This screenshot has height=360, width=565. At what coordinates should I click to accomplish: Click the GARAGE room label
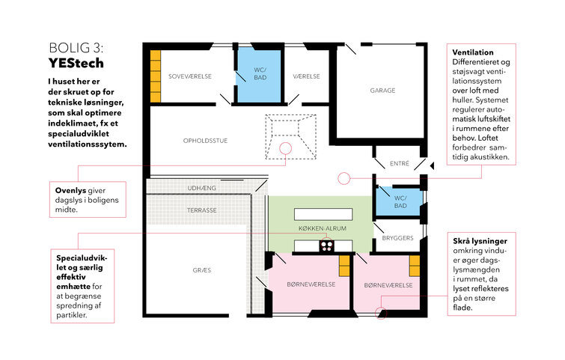(382, 91)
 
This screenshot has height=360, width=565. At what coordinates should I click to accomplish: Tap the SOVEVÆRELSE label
(190, 76)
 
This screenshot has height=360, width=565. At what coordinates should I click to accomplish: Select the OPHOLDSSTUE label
(205, 141)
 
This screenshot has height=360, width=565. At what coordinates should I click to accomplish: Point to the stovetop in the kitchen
(327, 245)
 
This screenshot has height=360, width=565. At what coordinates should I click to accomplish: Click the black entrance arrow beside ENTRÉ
(432, 165)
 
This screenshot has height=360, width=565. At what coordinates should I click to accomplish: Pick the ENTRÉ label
(400, 164)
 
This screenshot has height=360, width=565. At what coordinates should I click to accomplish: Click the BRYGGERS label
(398, 238)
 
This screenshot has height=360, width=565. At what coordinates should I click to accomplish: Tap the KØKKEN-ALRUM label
(323, 228)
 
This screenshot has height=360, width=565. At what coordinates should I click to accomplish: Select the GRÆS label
(202, 270)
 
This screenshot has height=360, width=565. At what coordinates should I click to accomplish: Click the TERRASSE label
(202, 210)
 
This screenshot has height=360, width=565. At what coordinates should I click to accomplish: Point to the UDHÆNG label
(202, 188)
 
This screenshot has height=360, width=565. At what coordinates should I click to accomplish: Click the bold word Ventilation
(473, 52)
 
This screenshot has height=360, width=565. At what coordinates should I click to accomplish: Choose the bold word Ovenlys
(70, 191)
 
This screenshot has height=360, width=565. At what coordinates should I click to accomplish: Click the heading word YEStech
(76, 63)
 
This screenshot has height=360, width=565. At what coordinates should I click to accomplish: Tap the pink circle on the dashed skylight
(286, 148)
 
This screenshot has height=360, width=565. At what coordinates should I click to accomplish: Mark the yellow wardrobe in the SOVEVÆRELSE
(156, 76)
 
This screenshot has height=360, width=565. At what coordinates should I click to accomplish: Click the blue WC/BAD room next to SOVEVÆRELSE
(259, 76)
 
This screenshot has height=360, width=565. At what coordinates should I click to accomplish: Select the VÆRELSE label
(306, 76)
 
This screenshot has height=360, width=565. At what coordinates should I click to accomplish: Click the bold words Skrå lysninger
(480, 241)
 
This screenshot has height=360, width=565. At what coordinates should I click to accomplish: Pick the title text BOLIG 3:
(76, 48)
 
